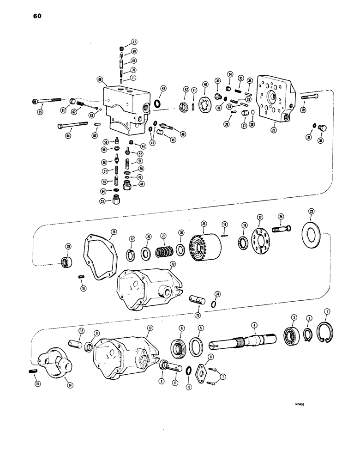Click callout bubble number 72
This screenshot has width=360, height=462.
pos(173,264)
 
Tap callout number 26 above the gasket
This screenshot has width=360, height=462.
pos(114,231)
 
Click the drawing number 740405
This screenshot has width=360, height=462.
pos(300,403)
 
